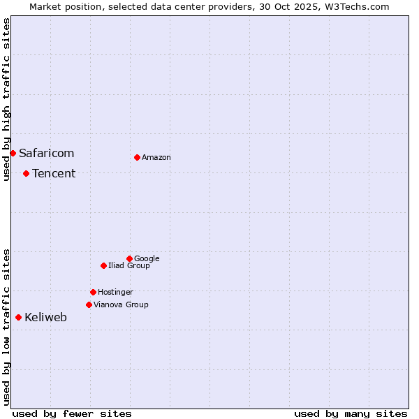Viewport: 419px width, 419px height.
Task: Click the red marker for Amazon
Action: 137,157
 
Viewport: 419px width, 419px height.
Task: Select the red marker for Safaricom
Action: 13,153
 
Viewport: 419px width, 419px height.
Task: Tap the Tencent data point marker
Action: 26,173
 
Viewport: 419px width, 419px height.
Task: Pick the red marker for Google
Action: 129,258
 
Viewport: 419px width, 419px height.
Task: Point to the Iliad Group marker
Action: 103,265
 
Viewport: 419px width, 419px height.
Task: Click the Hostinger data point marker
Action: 93,292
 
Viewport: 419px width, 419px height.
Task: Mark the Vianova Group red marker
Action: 89,304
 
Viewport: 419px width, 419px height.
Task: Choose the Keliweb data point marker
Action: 18,317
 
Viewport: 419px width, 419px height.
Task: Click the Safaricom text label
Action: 46,153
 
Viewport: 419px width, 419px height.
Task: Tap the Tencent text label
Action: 54,173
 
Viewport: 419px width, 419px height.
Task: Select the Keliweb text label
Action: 45,317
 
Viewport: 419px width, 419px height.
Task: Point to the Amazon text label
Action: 156,157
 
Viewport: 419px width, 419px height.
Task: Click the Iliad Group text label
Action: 129,265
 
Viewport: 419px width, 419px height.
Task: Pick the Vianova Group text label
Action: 121,304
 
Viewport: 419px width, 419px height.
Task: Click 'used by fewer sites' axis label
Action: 72,413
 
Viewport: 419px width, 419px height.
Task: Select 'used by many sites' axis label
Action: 351,413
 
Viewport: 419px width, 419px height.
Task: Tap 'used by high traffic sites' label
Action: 6,99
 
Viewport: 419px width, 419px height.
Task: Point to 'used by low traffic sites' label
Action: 6,327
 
